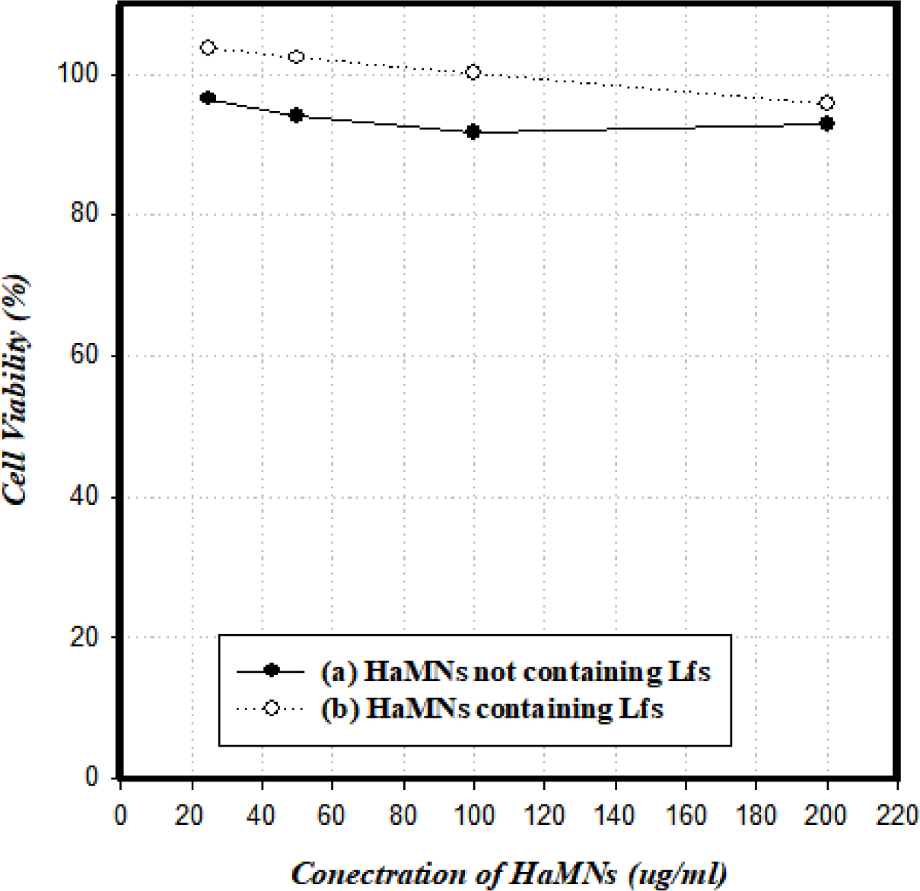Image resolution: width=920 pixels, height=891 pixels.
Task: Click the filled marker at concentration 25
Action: (x=208, y=98)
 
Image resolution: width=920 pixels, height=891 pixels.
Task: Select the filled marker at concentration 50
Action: (x=297, y=116)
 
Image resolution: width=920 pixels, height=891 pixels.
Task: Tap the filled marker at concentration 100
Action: (x=473, y=132)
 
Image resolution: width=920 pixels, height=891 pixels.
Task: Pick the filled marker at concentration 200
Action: (x=826, y=123)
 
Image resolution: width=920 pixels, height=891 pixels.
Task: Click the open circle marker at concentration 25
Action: (x=208, y=48)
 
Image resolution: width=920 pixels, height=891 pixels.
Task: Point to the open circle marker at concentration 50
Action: (x=297, y=57)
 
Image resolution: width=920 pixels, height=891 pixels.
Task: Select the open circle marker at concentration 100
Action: (x=473, y=72)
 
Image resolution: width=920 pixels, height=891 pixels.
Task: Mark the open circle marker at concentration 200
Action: (x=826, y=103)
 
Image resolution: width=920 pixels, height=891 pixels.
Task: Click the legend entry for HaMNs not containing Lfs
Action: (x=515, y=671)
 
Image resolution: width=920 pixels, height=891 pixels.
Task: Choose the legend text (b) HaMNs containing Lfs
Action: (x=492, y=709)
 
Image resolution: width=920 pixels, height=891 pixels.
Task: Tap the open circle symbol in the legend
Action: (x=271, y=709)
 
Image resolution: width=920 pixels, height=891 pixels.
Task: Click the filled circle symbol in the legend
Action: (x=271, y=671)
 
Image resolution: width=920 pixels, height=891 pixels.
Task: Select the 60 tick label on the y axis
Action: (x=85, y=355)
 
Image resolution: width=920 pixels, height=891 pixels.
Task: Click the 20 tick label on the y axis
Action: (x=85, y=637)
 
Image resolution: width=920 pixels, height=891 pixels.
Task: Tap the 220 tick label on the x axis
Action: (x=897, y=816)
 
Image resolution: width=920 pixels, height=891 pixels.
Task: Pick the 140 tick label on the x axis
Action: (x=615, y=816)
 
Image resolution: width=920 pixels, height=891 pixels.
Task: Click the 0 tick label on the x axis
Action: (x=121, y=816)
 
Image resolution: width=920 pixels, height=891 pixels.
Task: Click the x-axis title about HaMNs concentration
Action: (x=508, y=874)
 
